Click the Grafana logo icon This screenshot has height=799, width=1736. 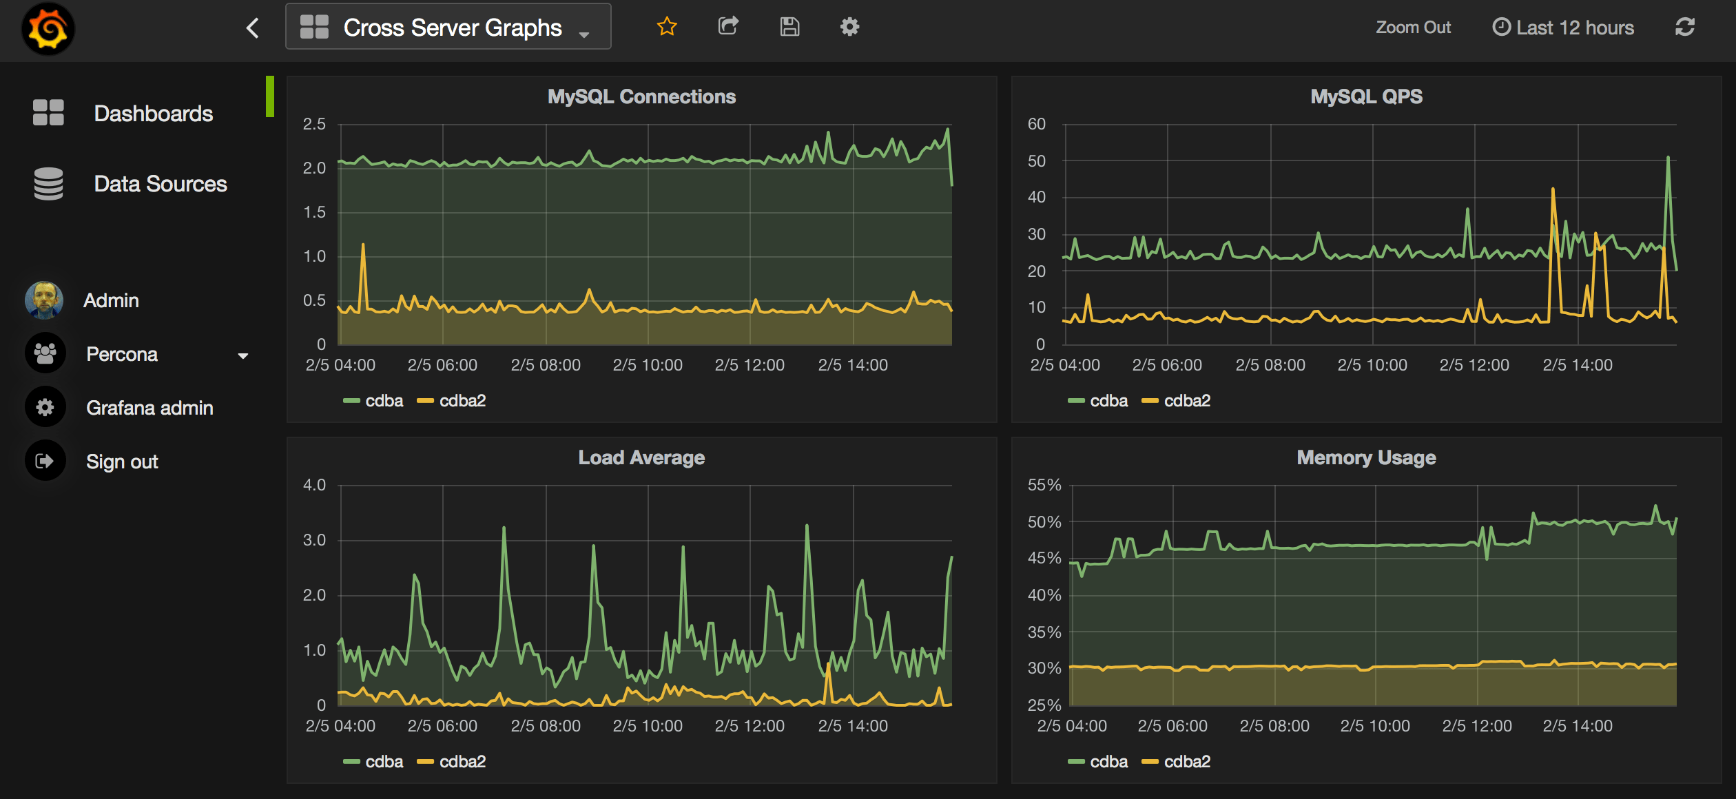coord(48,28)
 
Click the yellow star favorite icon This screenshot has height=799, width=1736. coord(667,27)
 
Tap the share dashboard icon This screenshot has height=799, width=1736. coord(728,27)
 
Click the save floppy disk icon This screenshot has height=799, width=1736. coord(789,27)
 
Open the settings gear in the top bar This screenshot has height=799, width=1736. coord(849,27)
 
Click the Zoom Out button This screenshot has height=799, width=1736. coord(1413,28)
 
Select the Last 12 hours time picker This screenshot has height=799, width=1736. coord(1563,28)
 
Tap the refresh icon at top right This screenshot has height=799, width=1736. coord(1684,28)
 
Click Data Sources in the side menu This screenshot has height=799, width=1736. coord(160,184)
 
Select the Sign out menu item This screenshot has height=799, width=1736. coord(122,461)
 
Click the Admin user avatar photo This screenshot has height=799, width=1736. coord(44,300)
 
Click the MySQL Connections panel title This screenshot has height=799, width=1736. coord(641,96)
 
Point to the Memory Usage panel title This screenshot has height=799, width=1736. coord(1366,458)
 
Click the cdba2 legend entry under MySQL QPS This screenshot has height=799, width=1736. coord(1186,401)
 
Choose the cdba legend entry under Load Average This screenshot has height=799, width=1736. coord(383,762)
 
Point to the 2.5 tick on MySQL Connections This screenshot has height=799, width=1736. coord(314,124)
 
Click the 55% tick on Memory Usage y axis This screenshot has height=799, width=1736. coord(1044,485)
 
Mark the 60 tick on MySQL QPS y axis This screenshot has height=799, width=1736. coord(1036,124)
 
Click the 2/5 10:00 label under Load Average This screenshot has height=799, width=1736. coord(648,726)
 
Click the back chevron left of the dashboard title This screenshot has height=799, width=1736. coord(253,28)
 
